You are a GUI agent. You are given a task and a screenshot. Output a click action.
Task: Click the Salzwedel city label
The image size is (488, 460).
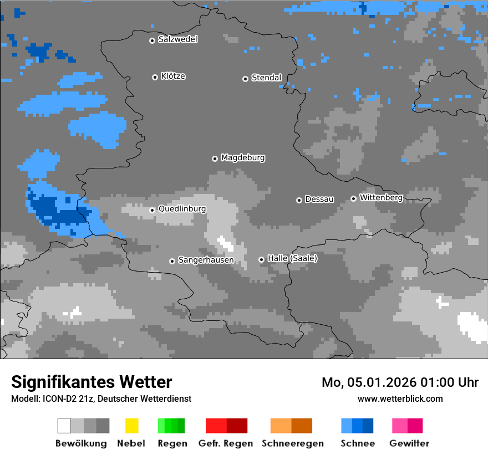177,39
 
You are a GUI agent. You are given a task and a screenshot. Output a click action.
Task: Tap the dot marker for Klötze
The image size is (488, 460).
155,77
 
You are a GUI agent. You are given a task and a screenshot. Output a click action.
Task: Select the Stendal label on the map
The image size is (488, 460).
266,78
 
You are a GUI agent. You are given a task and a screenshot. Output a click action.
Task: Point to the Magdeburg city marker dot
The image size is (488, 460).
215,159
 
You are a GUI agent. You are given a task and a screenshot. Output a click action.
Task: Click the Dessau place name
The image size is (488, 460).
319,199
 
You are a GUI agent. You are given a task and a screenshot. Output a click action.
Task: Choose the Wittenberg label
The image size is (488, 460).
381,197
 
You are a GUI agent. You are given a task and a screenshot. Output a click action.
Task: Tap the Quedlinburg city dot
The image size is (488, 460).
152,210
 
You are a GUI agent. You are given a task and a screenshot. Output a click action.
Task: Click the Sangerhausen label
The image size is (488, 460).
206,260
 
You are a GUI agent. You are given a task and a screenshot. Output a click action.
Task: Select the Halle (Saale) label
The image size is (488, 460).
292,258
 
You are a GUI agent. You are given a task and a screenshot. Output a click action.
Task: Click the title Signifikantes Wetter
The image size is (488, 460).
91,382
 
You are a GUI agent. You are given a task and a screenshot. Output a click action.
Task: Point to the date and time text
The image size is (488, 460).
400,382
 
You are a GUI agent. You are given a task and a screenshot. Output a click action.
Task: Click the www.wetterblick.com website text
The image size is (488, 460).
400,398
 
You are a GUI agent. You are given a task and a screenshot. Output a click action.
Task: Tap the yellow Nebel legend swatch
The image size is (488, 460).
131,426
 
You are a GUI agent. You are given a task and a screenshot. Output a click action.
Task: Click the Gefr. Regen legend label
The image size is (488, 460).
225,443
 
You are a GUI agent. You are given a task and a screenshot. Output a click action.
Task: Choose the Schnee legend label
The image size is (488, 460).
358,443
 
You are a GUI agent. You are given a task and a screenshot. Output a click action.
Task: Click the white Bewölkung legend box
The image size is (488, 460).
64,426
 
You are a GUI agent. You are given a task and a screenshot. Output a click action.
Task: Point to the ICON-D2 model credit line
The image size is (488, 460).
101,398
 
